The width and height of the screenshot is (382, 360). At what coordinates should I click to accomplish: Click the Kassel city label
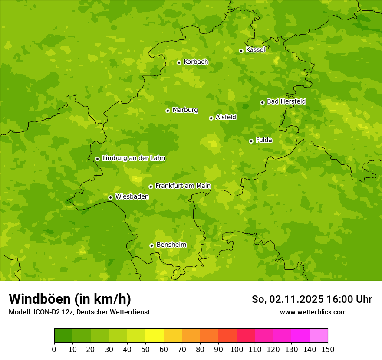tap(255, 50)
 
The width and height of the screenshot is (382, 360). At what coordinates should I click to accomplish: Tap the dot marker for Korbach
tap(179, 62)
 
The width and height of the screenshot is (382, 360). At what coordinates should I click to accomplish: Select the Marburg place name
tap(185, 110)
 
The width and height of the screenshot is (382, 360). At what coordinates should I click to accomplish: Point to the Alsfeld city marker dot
tap(211, 118)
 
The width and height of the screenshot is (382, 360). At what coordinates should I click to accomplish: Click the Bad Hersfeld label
tap(286, 101)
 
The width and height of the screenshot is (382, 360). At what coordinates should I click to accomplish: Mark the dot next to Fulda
tap(251, 141)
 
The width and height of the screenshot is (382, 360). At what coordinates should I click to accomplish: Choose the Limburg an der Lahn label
tap(134, 158)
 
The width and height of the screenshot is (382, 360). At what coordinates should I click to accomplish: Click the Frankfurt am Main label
tap(183, 186)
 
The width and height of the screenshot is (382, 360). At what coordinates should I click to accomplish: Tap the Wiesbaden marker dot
tap(110, 197)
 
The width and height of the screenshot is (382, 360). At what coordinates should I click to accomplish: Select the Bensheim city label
tap(171, 245)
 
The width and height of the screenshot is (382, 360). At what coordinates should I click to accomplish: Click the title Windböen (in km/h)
tap(70, 299)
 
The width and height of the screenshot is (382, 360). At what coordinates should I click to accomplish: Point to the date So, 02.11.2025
tap(287, 299)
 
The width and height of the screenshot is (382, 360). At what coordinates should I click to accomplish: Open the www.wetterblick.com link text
tap(313, 312)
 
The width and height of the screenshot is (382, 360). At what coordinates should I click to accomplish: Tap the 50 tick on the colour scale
tap(145, 349)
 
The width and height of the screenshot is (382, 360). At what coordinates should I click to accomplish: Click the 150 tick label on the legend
tap(328, 349)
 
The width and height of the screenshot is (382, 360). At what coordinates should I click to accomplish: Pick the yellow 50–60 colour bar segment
tap(155, 336)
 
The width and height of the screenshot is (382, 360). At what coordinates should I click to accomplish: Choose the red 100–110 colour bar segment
tap(246, 336)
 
